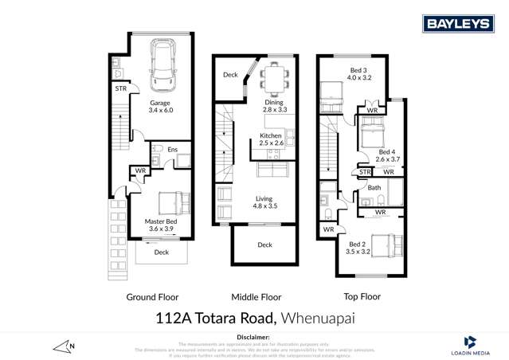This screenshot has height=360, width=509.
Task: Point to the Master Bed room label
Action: (x=160, y=225)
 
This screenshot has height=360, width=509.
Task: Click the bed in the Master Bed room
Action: (x=171, y=202)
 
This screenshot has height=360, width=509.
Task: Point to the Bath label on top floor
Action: (x=374, y=188)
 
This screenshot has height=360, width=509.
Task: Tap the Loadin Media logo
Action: (x=469, y=343)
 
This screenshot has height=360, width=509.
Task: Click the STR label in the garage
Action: (x=119, y=88)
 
